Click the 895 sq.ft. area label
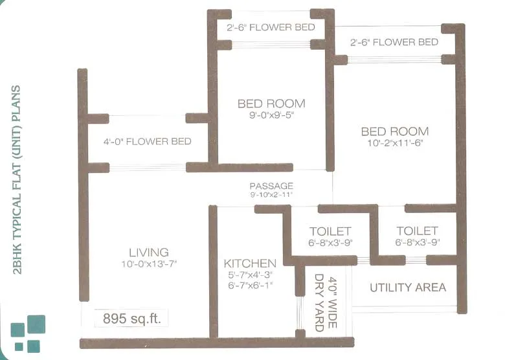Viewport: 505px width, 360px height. tap(131, 319)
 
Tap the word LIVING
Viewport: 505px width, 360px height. tap(148, 252)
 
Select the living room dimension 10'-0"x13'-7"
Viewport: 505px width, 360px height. tap(148, 264)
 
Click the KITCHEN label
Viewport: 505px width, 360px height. tap(250, 264)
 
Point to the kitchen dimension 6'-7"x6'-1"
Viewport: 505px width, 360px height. tap(250, 284)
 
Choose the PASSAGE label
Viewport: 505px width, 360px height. tap(271, 186)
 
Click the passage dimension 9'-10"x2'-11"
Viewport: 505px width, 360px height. tap(271, 194)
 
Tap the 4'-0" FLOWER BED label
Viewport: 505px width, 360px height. tap(147, 141)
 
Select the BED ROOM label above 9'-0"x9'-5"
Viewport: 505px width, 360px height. tap(271, 104)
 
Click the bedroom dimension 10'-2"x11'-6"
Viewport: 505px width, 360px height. tap(394, 143)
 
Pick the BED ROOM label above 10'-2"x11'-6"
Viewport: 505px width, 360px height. tap(394, 131)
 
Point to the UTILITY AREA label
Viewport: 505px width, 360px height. tap(408, 287)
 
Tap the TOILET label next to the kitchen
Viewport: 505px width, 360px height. tap(330, 231)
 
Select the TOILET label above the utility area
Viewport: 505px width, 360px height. tap(417, 231)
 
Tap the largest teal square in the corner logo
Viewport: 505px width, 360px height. tap(36, 324)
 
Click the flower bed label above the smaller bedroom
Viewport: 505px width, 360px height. tap(271, 27)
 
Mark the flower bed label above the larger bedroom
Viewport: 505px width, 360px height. tap(394, 42)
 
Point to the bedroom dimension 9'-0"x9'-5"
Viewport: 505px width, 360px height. tap(271, 115)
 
